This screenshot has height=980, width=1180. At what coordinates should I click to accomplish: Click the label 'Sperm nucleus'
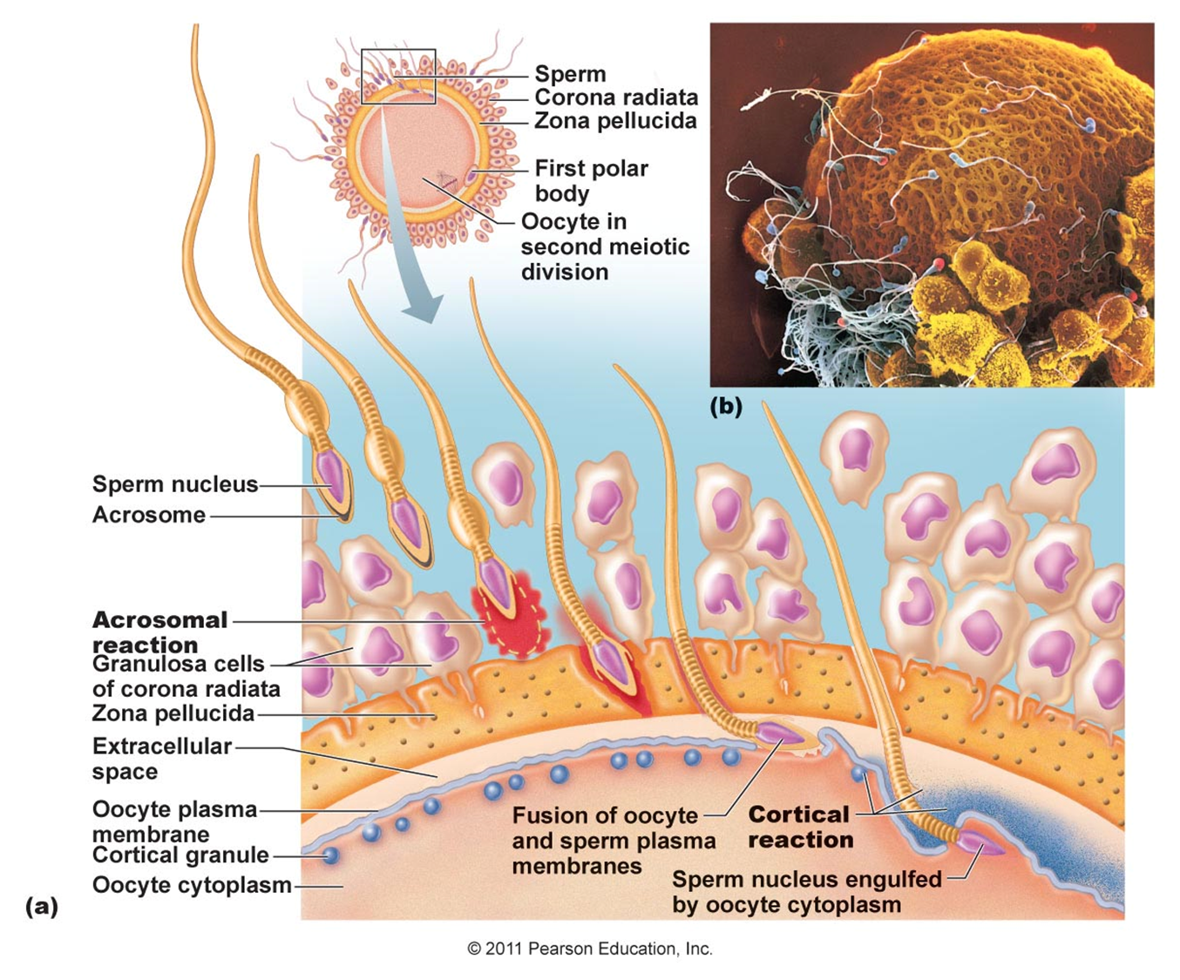175,484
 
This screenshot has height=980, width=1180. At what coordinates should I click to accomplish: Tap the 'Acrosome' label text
149,515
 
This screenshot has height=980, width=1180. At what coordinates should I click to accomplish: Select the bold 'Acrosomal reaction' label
159,632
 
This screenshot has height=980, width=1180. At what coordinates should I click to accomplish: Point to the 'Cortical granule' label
180,855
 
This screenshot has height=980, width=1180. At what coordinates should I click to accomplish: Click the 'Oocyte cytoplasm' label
192,885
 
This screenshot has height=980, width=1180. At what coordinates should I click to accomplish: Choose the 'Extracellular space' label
161,758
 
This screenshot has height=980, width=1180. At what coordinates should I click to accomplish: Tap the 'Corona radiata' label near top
615,97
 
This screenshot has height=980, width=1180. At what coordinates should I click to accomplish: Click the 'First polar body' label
591,179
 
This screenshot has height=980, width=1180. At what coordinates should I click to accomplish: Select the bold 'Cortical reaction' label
800,827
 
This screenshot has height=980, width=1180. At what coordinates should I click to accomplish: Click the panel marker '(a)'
42,906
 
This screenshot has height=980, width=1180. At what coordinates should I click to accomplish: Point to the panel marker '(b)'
726,406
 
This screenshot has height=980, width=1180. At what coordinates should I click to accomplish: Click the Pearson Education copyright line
590,949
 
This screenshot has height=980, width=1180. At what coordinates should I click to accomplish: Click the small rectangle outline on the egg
398,77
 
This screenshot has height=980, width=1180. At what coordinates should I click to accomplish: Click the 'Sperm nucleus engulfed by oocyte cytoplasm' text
806,891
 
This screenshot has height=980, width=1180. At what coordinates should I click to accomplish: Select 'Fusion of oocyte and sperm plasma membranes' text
614,841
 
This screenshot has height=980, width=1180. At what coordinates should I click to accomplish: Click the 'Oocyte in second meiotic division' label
604,247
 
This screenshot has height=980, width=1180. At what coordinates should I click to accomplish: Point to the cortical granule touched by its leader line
330,855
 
